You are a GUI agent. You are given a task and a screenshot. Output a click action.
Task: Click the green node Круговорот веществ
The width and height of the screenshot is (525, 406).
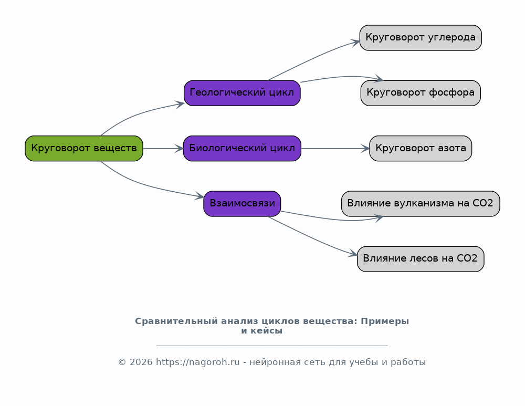(84, 149)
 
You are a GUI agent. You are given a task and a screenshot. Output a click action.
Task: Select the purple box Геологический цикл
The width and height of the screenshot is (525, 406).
(242, 93)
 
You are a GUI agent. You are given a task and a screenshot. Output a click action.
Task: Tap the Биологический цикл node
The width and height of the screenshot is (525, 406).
(242, 149)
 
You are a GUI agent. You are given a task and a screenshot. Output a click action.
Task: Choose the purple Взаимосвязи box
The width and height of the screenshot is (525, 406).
(242, 204)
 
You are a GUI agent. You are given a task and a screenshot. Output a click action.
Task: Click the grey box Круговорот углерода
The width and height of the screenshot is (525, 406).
(421, 38)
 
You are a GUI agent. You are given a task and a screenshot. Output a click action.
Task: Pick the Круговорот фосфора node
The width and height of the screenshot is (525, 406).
(421, 93)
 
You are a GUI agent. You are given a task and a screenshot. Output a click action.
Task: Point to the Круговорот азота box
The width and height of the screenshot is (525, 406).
(421, 149)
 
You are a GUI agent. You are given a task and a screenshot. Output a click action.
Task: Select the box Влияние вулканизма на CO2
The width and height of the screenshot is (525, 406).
(421, 204)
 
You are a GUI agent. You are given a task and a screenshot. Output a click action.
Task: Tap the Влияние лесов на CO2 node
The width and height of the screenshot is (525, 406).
(421, 259)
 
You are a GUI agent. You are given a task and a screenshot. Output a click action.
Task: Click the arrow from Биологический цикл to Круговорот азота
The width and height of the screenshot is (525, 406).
(335, 149)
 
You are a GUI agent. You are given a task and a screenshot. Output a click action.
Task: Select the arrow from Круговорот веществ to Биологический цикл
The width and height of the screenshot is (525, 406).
(163, 149)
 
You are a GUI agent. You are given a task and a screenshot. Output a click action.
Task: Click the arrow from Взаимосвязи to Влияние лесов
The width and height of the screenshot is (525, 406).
(313, 238)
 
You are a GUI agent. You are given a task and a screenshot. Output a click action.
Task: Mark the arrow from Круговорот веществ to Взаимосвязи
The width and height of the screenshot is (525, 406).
(144, 184)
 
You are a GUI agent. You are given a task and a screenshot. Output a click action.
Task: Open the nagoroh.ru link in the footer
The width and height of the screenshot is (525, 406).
(198, 362)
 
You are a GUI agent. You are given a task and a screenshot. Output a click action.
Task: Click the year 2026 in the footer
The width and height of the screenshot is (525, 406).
(141, 362)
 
